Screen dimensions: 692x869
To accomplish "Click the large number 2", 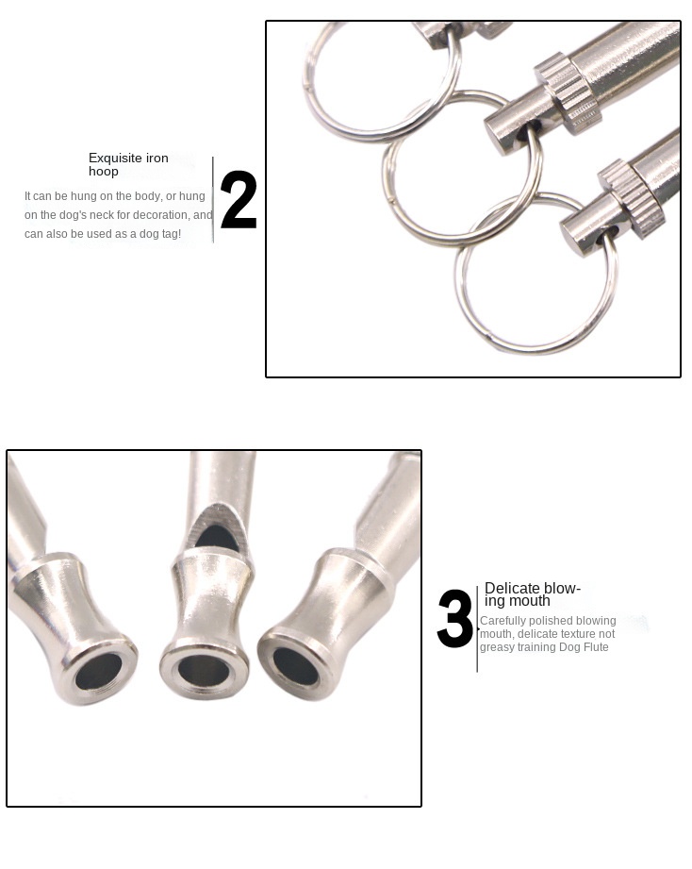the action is tap(239, 199).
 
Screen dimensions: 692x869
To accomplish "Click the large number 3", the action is tap(455, 618).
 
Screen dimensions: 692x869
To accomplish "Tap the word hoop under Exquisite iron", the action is tap(104, 171).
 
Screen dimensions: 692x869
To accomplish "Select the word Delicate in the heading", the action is tap(512, 588).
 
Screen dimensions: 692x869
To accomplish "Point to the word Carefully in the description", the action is tap(503, 621).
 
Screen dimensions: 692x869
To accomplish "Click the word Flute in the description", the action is tap(595, 646).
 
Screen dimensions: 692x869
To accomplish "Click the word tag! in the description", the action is tap(171, 234).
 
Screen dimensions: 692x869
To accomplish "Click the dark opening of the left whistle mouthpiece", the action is tap(99, 671).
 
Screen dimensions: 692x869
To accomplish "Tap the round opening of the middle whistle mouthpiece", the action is tap(204, 672).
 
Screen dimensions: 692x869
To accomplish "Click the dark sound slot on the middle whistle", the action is tap(218, 536).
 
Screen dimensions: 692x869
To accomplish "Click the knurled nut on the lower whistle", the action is tap(631, 197).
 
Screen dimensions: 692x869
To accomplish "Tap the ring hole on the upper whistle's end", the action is tap(522, 134).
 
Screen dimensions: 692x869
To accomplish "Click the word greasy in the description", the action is tap(497, 647).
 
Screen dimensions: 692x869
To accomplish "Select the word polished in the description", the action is tap(552, 621).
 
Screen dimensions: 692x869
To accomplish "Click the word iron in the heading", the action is tap(155, 158).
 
